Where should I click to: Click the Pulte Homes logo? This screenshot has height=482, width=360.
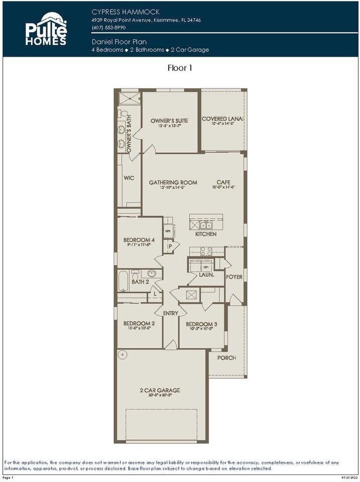(x=46, y=29)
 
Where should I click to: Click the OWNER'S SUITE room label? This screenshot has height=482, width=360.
(x=169, y=120)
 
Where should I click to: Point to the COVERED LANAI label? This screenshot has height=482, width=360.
(x=222, y=119)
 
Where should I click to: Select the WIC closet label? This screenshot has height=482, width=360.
(x=129, y=178)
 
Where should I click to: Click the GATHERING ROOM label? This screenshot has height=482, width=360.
(x=173, y=182)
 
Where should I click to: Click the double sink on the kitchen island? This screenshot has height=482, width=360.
(x=206, y=224)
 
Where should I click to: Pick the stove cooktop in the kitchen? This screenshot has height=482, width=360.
(x=206, y=251)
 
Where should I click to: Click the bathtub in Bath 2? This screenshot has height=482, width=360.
(x=124, y=281)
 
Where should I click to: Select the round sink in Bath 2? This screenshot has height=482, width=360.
(x=152, y=274)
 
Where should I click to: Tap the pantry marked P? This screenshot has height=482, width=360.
(x=170, y=247)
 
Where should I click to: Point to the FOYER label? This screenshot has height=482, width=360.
(x=234, y=277)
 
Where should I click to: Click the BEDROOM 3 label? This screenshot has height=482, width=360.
(x=201, y=324)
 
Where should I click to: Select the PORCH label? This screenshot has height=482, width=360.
(x=226, y=358)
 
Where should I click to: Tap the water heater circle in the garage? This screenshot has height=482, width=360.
(x=122, y=355)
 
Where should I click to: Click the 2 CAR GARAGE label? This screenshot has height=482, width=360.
(x=160, y=390)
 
